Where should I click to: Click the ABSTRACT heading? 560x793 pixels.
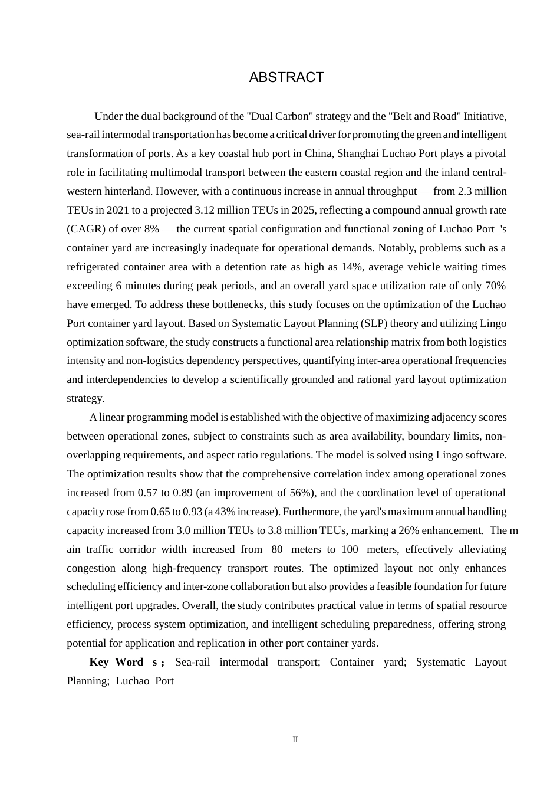[x=286, y=77]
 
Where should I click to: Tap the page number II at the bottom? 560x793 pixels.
[x=295, y=739]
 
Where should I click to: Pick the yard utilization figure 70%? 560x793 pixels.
[x=495, y=286]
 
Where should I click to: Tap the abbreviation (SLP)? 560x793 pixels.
[x=377, y=323]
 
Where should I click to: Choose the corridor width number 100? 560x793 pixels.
[x=350, y=549]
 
